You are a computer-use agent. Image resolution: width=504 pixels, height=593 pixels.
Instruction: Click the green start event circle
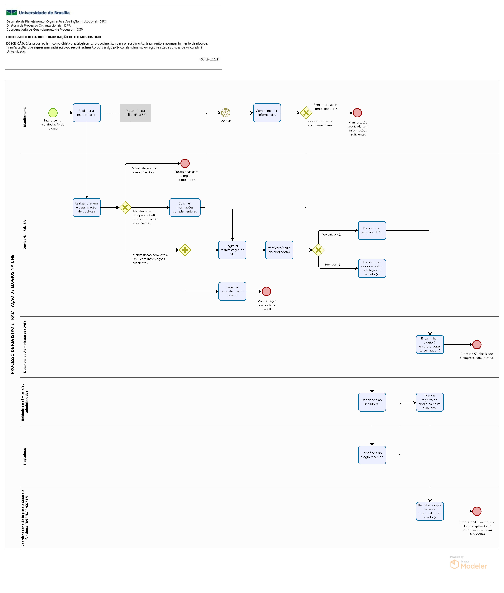coord(53,113)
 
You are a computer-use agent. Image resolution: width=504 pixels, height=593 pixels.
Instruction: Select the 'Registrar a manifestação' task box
coord(87,113)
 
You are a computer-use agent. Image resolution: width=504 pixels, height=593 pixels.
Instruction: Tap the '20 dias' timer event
coord(225,113)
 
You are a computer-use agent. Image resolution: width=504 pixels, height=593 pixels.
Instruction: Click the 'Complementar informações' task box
coord(267,113)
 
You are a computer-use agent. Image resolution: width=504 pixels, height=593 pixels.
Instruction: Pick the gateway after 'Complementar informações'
coord(306,113)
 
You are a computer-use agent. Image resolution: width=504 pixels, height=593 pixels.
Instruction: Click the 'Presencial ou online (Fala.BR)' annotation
coord(135,113)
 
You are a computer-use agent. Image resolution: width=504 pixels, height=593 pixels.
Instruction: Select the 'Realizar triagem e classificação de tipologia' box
coord(87,208)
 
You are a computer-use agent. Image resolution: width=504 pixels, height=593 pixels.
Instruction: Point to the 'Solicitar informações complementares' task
coord(185,208)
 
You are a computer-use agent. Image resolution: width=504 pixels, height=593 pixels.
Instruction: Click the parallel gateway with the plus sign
coord(185,250)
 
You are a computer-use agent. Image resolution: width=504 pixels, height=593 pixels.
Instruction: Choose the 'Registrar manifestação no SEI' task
coord(232,250)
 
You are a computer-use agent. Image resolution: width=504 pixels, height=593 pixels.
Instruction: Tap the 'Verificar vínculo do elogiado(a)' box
coord(279,250)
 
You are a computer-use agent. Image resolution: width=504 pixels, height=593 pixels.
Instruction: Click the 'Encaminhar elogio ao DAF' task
coord(372,230)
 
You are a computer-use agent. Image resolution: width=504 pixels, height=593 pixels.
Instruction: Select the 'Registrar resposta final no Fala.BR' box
coord(232,291)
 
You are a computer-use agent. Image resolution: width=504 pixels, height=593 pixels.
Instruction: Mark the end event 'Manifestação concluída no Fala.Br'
coord(266,291)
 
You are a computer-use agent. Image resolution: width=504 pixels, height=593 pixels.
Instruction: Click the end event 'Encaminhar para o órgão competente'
coord(185,163)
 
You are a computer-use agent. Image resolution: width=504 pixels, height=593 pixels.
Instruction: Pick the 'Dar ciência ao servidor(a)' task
coord(372,402)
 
